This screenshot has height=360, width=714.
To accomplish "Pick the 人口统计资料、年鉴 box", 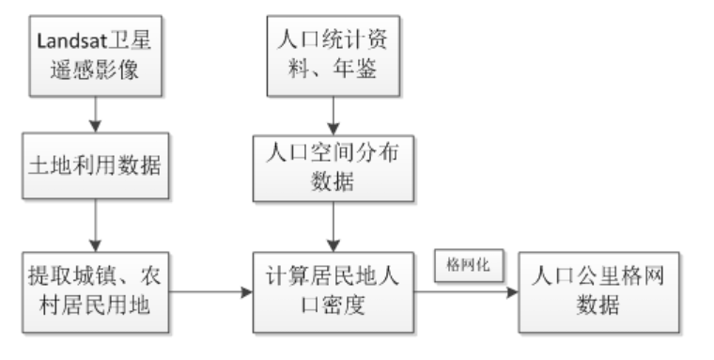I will click(334, 57).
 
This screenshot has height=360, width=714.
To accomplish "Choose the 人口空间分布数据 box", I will click(334, 168).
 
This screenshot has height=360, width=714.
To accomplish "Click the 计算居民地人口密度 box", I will click(334, 292).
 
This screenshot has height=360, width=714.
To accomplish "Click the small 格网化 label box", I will click(466, 266).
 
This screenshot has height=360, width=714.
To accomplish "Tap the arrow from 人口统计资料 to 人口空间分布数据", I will click(334, 116).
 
